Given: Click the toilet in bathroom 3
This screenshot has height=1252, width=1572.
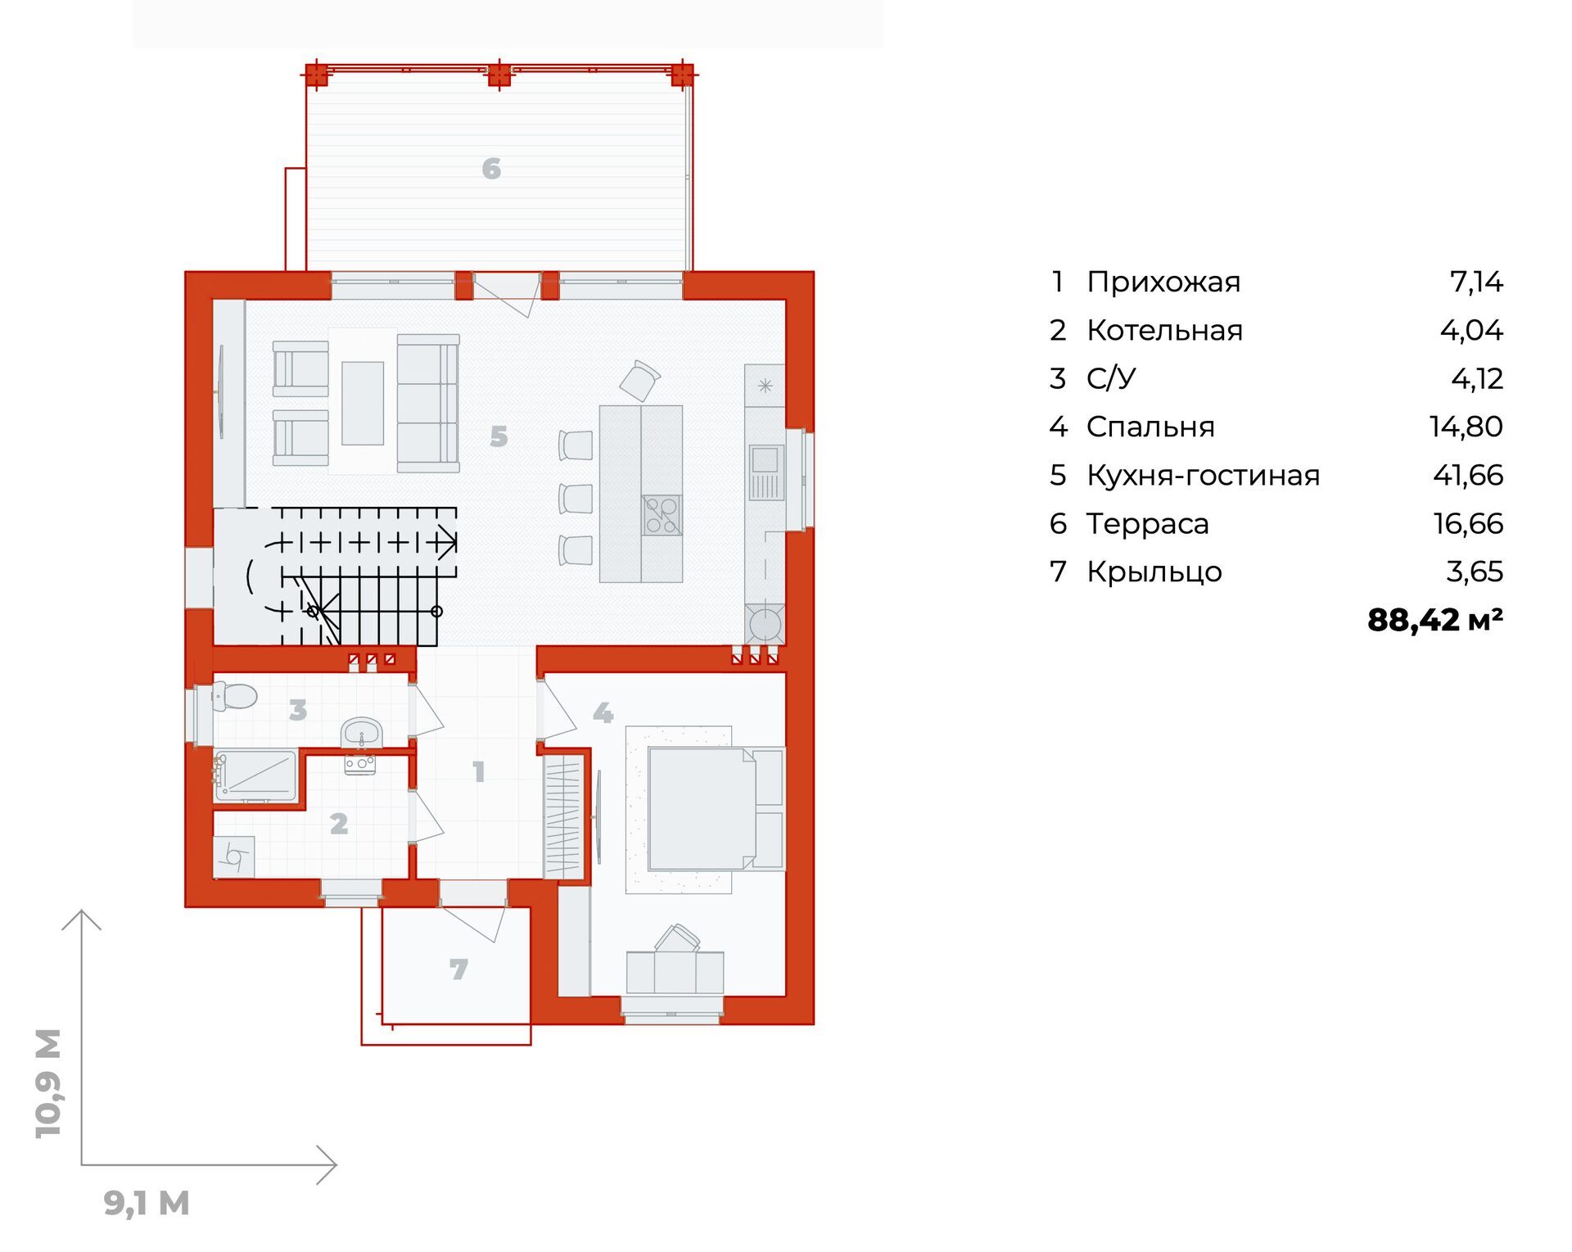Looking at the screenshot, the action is tap(234, 696).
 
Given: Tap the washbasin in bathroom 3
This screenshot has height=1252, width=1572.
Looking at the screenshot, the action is tap(361, 733).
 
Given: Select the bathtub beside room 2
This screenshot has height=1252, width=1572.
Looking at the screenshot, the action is tap(255, 775).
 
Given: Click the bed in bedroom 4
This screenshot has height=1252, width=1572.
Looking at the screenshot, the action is tap(716, 808).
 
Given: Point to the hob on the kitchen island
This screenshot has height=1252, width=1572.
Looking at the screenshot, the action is tap(662, 515).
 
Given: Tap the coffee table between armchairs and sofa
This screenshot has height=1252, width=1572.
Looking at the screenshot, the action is tap(363, 403).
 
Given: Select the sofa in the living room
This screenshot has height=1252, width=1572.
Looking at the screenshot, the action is tap(427, 403).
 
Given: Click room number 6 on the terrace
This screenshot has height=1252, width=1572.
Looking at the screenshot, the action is tap(491, 169).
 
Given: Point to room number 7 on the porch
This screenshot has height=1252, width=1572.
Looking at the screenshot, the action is tap(458, 970).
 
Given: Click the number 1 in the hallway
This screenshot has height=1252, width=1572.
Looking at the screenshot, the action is tap(479, 771).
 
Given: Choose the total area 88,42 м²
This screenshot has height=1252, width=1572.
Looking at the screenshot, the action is tap(1435, 620).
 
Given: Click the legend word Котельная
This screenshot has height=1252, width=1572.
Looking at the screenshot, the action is tap(1164, 330).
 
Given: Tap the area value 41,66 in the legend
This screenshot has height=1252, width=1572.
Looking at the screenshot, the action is tap(1468, 475).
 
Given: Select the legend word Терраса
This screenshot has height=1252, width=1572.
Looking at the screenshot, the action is tap(1147, 523).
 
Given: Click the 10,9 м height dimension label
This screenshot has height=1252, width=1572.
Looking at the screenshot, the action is tap(48, 1083).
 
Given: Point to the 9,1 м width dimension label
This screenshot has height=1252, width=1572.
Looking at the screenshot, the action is tap(147, 1203).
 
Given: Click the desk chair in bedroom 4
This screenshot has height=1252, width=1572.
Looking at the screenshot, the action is tap(677, 938).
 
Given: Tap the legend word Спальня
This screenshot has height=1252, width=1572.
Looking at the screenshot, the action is tap(1150, 427).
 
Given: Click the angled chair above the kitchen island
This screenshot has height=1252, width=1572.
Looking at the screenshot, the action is tap(639, 380).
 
